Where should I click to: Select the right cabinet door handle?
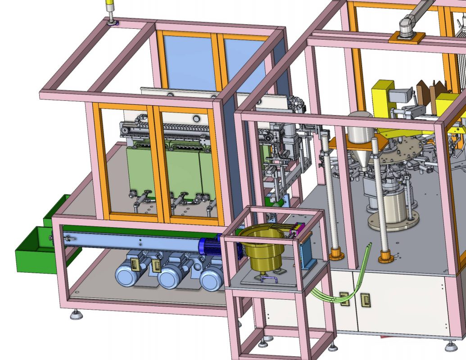(365, 301)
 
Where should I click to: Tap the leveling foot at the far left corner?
(76, 315)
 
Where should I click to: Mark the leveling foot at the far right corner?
(451, 346)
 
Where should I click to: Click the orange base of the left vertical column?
(336, 255)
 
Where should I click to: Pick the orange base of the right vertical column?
(385, 257)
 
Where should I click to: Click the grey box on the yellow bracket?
(400, 96)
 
